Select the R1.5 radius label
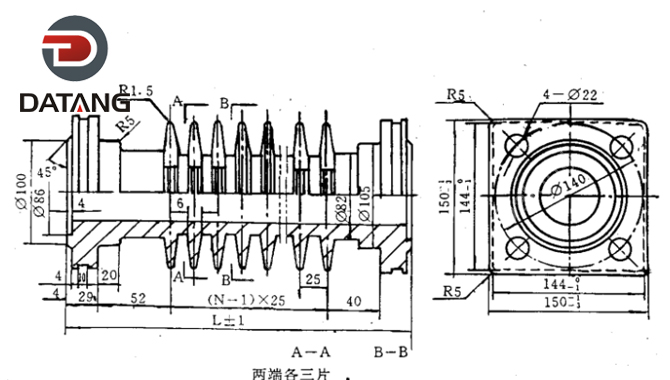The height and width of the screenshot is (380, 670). pyautogui.click(x=137, y=90)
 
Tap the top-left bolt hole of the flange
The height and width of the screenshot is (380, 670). pyautogui.click(x=518, y=145)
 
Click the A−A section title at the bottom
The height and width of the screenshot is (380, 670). pyautogui.click(x=309, y=352)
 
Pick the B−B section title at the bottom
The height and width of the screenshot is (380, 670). pyautogui.click(x=391, y=352)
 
